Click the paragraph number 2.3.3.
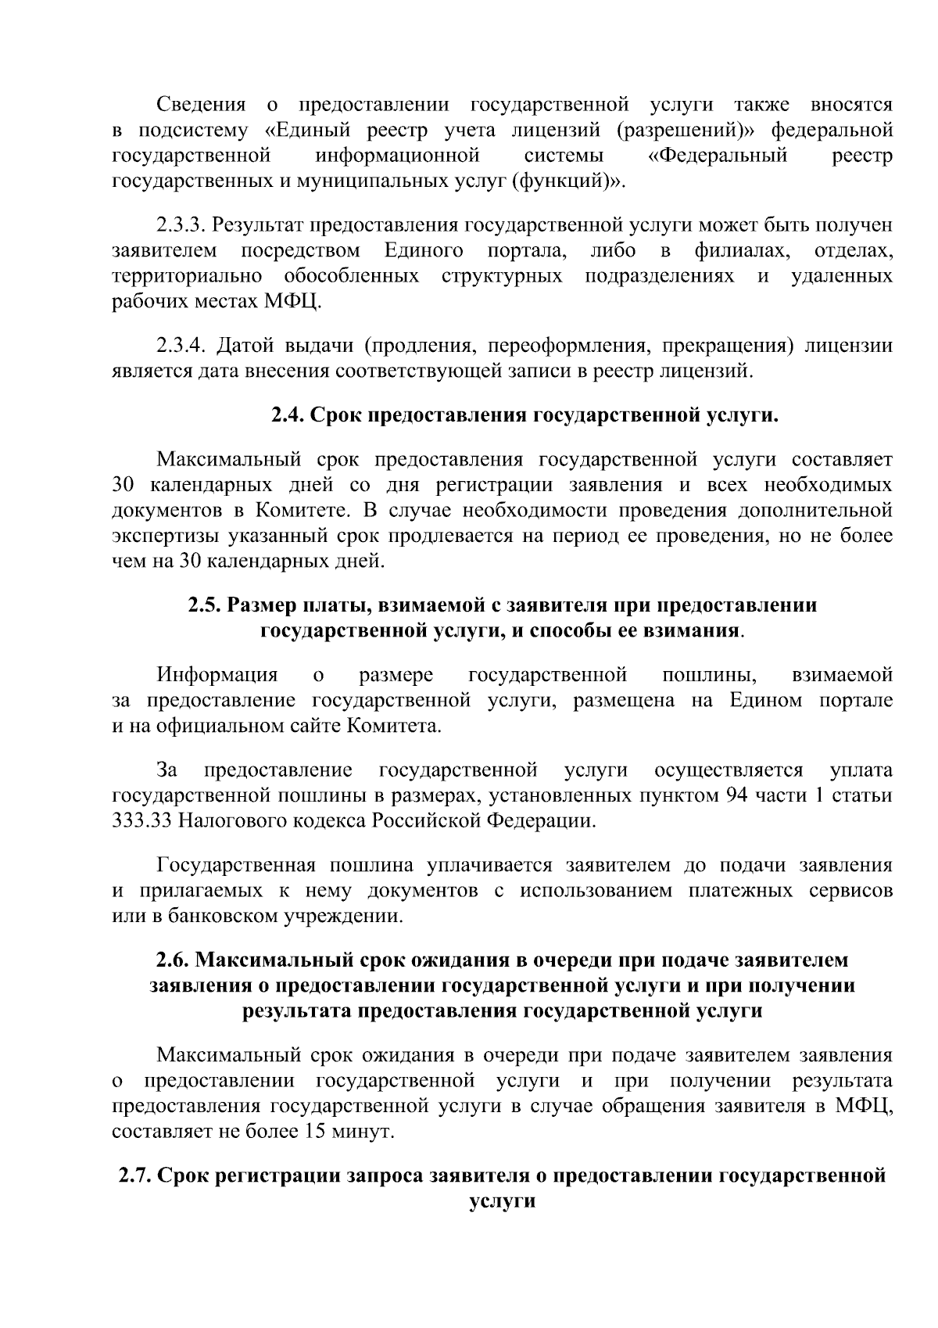[x=181, y=226]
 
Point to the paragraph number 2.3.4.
[x=181, y=345]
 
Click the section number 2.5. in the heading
[x=206, y=605]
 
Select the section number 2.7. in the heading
[x=136, y=1175]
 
